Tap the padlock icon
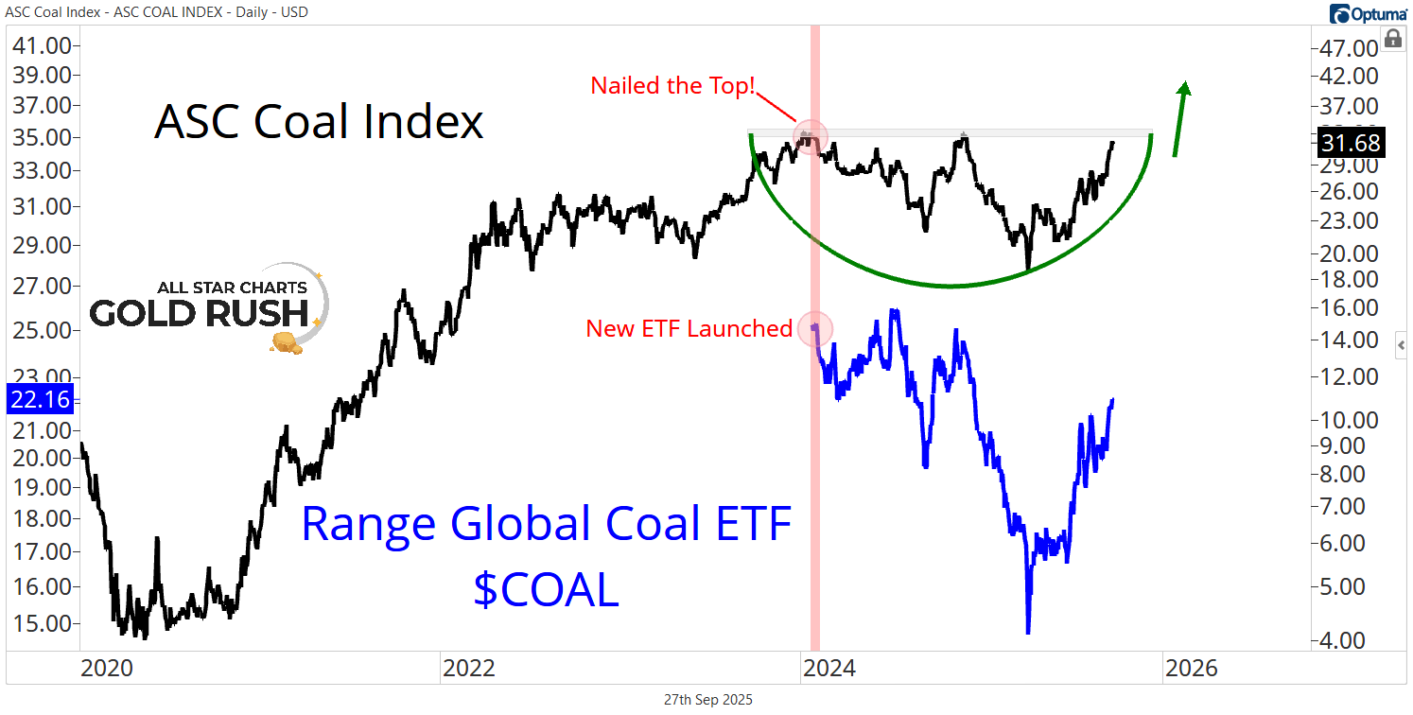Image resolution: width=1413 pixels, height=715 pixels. tap(1392, 39)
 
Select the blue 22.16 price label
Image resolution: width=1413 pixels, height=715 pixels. tap(40, 399)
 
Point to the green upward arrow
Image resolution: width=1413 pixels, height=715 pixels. tap(1180, 118)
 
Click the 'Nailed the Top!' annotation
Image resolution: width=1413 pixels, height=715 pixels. tap(672, 85)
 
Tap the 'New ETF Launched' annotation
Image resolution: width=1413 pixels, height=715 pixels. tap(689, 329)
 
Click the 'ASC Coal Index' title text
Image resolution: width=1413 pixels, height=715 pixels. tap(319, 122)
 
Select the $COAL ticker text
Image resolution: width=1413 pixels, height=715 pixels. tap(546, 589)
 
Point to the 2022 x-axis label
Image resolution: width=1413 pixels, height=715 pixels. tap(469, 669)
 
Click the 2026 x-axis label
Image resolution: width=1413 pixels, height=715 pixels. tap(1191, 669)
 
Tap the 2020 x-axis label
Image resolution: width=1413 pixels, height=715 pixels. tap(107, 669)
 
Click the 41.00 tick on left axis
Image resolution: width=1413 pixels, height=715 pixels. tap(40, 45)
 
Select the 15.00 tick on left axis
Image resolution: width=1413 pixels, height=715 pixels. tap(40, 623)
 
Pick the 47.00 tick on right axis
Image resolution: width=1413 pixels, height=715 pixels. tap(1350, 48)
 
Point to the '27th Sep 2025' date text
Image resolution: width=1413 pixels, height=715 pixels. tap(708, 700)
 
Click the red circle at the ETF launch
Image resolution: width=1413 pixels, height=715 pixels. tap(815, 328)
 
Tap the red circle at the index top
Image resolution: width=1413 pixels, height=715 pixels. tap(810, 137)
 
